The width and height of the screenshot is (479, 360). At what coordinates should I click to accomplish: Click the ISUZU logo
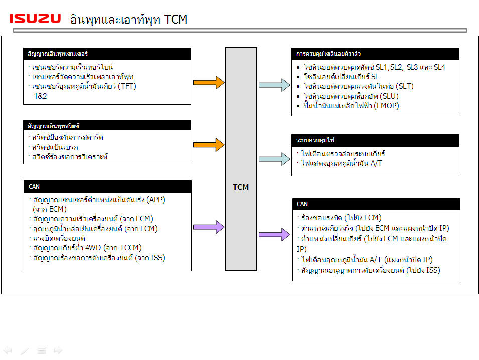[35, 19]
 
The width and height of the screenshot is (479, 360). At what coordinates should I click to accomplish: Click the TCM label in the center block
[241, 187]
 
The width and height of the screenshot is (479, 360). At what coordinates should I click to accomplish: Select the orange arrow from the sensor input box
[208, 82]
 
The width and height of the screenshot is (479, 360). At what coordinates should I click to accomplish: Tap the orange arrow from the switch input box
[208, 144]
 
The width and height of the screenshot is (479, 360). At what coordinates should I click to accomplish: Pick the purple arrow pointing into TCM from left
[208, 228]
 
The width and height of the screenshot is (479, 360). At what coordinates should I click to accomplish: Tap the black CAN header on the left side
[107, 187]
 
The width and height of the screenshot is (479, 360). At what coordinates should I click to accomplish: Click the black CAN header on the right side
[376, 204]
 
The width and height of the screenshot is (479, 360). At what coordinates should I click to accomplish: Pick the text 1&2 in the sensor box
[40, 96]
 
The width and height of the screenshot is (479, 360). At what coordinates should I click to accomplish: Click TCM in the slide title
[175, 19]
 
